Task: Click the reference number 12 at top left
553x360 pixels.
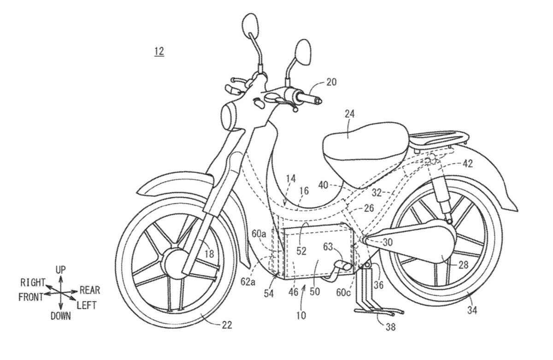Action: pyautogui.click(x=159, y=51)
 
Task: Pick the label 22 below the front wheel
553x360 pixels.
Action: pyautogui.click(x=226, y=325)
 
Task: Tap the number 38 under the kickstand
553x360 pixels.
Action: pyautogui.click(x=390, y=328)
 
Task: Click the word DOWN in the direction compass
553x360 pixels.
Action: pyautogui.click(x=61, y=316)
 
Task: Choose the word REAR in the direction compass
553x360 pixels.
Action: pyautogui.click(x=89, y=290)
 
